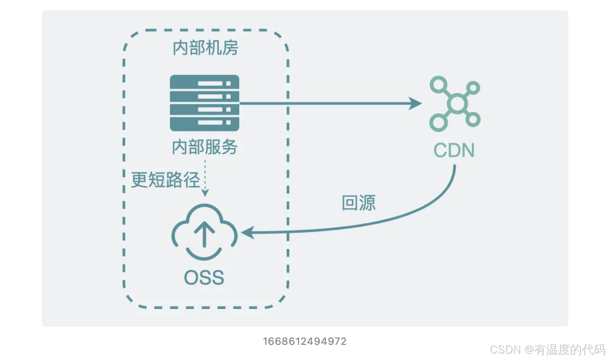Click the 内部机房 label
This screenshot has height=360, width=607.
(205, 48)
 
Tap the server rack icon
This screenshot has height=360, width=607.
(204, 103)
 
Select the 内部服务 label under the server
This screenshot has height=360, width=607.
(205, 147)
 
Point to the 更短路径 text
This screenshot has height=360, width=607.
(165, 180)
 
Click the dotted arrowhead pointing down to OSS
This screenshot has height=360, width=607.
(205, 193)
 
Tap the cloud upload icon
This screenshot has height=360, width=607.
(204, 232)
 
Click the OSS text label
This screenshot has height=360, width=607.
(204, 278)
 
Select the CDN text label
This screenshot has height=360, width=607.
(454, 151)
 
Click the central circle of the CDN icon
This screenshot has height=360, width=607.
(456, 104)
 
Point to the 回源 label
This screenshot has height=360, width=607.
(358, 203)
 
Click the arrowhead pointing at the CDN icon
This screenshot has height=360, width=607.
(416, 104)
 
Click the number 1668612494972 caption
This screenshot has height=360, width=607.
(305, 341)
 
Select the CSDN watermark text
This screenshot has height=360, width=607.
(547, 349)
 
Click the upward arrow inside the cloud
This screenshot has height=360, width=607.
(204, 234)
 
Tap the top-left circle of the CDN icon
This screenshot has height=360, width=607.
(439, 84)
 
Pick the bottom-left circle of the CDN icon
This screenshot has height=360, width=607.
(438, 122)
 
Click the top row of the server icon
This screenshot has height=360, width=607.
(204, 83)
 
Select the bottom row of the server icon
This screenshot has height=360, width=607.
(204, 123)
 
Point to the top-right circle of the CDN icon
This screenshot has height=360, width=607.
(473, 88)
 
